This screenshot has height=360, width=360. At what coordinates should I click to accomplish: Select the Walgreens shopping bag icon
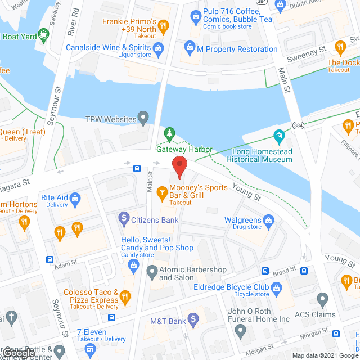point(269,220)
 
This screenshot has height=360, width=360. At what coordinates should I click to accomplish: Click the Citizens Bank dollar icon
point(124,217)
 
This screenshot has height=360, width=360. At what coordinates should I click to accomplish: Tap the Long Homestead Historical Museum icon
point(278,136)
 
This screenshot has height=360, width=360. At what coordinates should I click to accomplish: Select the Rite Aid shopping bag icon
point(76,198)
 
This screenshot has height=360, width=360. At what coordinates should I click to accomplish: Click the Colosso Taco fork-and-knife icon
point(126,296)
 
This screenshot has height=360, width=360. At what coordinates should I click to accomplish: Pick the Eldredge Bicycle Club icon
point(276,289)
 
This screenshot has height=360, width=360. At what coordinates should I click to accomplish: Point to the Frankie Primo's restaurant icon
point(163,25)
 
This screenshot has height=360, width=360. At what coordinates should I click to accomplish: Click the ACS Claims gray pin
point(322,299)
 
